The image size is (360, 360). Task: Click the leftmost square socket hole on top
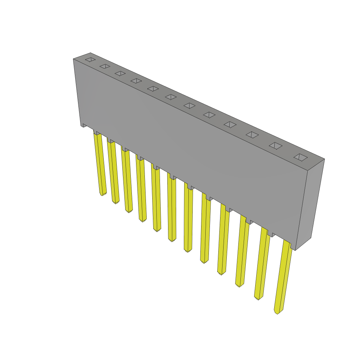(x=90, y=60)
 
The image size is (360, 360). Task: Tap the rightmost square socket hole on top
(x=301, y=157)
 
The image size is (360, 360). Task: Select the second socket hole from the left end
(x=105, y=66)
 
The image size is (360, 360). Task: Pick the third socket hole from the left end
(x=120, y=73)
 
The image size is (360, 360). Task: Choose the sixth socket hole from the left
(x=171, y=97)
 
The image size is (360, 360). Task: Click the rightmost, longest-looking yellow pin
(x=283, y=278)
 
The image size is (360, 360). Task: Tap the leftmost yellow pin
(x=100, y=163)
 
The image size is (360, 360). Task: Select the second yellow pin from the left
(x=113, y=172)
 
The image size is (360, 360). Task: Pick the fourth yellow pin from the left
(x=141, y=190)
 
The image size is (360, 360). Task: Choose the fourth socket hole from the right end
(x=230, y=124)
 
